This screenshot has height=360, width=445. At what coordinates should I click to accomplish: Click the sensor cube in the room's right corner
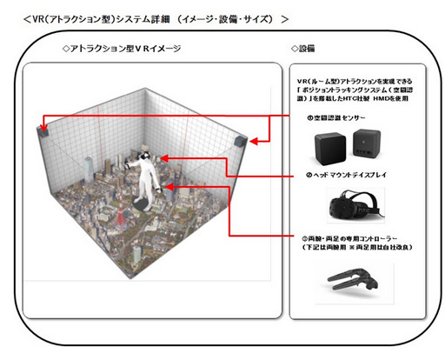point(242,140)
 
